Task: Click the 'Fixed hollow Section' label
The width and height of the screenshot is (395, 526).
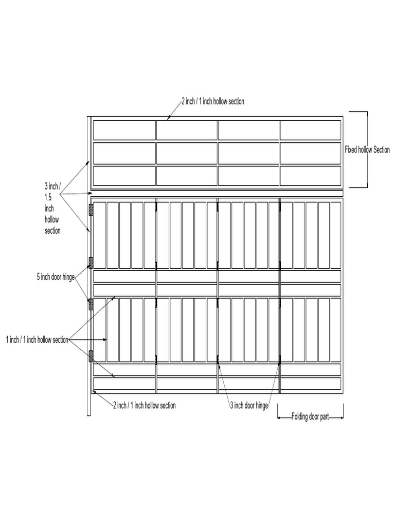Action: pos(367,149)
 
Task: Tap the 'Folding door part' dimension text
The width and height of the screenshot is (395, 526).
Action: pos(310,417)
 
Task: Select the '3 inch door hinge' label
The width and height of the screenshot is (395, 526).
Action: pos(249,405)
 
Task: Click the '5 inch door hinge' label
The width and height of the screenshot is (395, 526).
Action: pos(56,277)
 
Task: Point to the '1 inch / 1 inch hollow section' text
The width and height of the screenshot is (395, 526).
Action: pos(37,340)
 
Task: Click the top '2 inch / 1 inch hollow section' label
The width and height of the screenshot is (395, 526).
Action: pos(213,101)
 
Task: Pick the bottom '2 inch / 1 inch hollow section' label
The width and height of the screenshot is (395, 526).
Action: pos(145,405)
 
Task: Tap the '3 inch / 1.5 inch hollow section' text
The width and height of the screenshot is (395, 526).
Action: pos(53,208)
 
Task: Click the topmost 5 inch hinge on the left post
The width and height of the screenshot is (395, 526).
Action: pos(91,210)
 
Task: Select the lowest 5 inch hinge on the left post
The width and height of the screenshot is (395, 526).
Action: pos(91,356)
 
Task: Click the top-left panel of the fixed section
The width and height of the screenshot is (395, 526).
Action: pos(124,130)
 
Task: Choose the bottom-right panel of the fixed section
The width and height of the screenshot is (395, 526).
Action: pos(310,176)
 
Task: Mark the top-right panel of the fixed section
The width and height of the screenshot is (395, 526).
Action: pos(310,130)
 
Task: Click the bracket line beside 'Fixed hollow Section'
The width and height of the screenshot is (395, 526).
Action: pos(367,149)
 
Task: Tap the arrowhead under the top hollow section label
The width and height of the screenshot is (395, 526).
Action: pos(169,118)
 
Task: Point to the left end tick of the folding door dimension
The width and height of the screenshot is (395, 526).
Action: pos(278,411)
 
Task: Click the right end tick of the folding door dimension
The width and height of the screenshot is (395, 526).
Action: pos(343,411)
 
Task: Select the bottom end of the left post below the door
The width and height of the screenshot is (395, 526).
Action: pos(89,416)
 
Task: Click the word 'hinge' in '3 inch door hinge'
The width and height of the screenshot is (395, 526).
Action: pos(262,406)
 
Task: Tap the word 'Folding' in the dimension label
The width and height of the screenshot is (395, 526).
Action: pos(299,417)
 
